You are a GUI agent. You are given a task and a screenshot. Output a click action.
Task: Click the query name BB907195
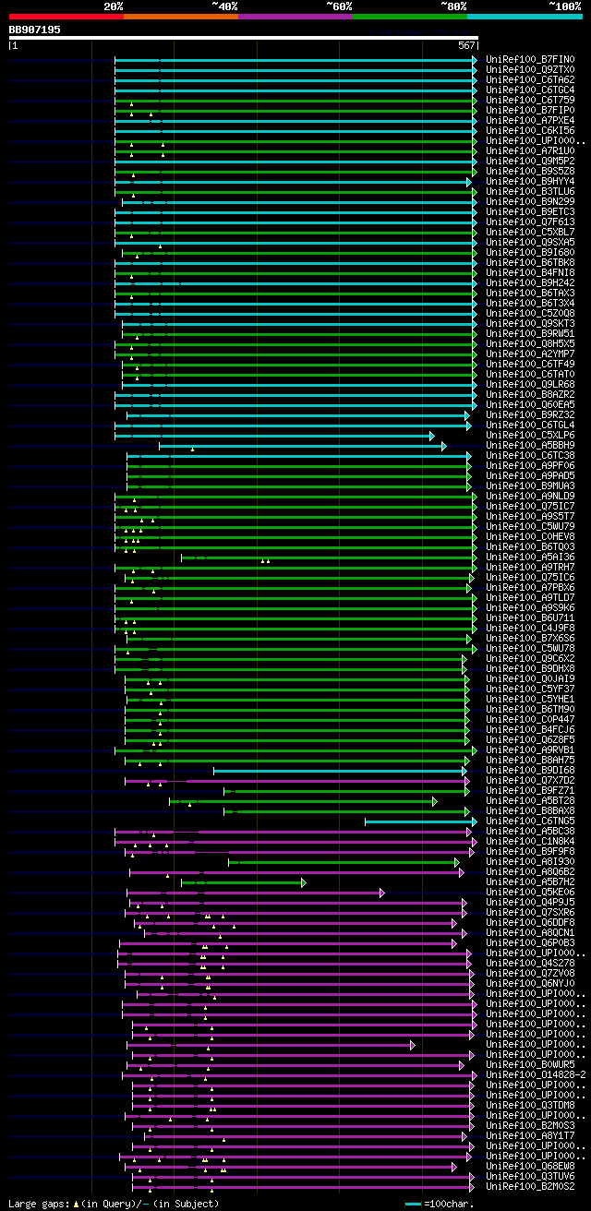pyautogui.click(x=35, y=30)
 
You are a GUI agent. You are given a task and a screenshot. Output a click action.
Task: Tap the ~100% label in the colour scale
pyautogui.click(x=564, y=6)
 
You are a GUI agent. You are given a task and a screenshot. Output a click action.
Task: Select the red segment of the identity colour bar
pyautogui.click(x=66, y=17)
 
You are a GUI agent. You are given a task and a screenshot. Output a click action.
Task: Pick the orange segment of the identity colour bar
pyautogui.click(x=180, y=17)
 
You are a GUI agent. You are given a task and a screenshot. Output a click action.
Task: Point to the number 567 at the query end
pyautogui.click(x=465, y=44)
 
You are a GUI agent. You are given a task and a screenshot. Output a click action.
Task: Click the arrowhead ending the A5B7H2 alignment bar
pyautogui.click(x=303, y=882)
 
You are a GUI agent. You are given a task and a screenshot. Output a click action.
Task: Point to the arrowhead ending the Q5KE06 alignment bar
pyautogui.click(x=381, y=893)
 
